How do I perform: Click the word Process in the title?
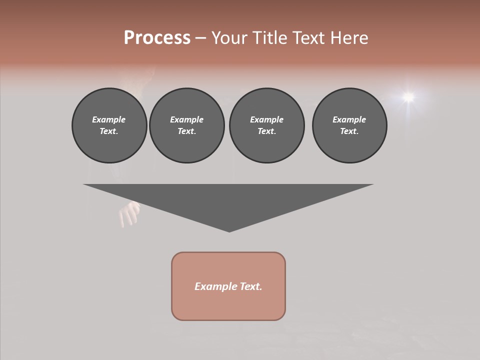[157, 38]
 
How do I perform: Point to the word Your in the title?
[230, 38]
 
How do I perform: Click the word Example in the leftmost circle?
[109, 119]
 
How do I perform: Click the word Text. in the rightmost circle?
[349, 131]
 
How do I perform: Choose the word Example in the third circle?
[266, 119]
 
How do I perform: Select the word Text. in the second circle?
[187, 131]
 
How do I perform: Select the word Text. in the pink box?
[251, 286]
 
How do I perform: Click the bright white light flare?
[408, 96]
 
